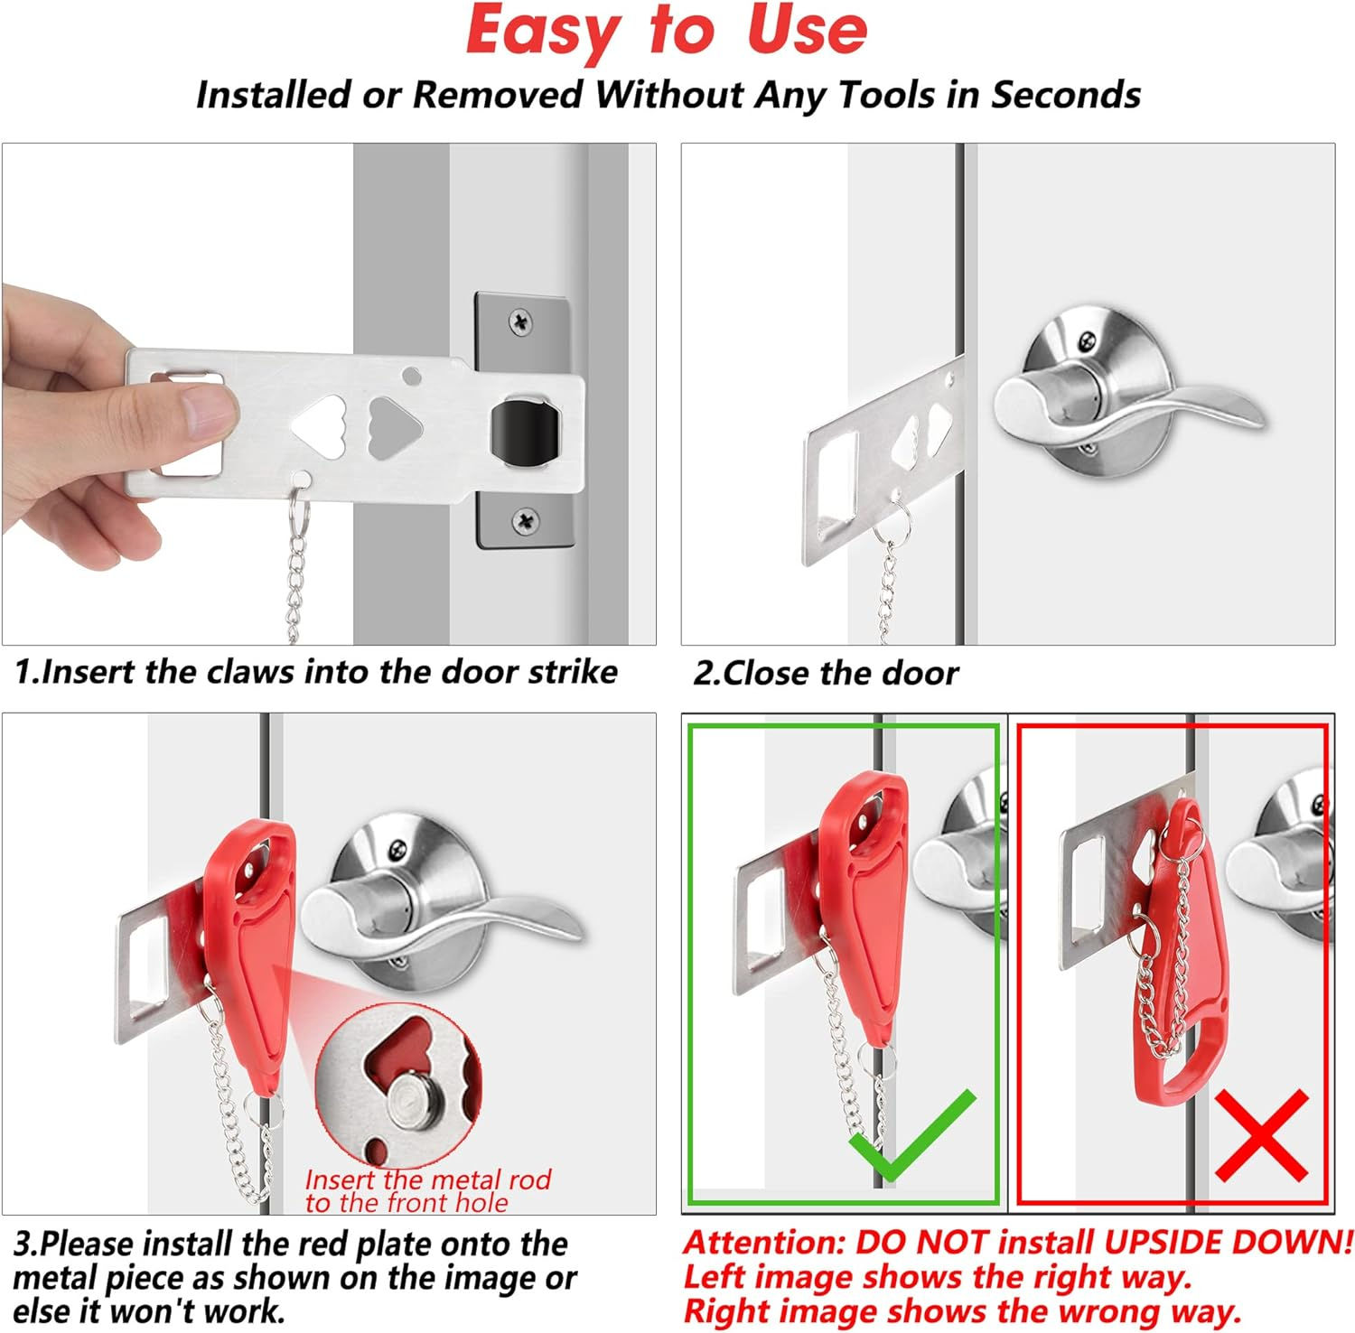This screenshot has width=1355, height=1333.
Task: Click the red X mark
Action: (x=1262, y=1135)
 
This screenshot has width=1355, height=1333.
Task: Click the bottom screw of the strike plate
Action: (x=525, y=520)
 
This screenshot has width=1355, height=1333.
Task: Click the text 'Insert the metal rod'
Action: (x=427, y=1179)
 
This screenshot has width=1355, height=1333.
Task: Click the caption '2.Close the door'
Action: (x=825, y=673)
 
